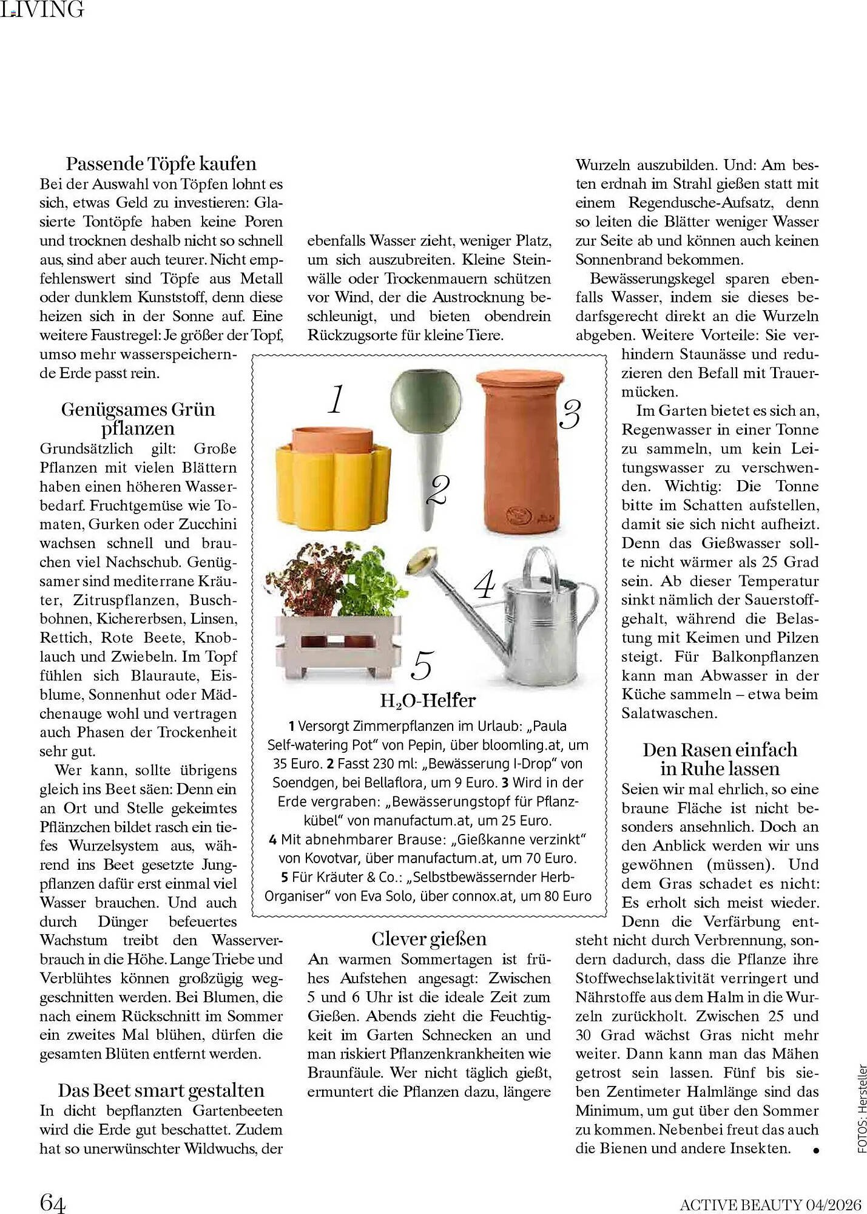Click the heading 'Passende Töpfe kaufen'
pos(161,164)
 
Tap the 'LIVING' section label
pos(42,9)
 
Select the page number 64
pos(52,1201)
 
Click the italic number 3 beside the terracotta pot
pos(569,415)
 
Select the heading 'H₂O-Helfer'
pos(428,700)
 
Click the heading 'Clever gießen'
pos(429,938)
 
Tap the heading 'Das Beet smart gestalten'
pos(161,1090)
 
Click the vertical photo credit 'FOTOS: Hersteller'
pos(862,1108)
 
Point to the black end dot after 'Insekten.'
pos(816,1150)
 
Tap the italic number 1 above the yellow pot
pos(336,399)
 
